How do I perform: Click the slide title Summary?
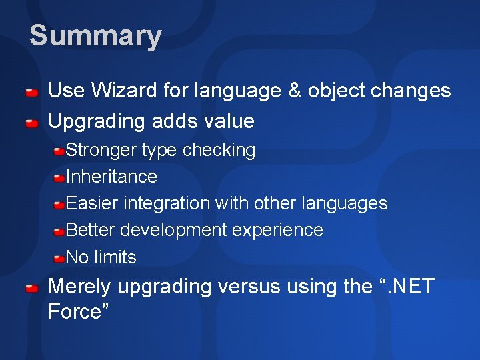(x=95, y=36)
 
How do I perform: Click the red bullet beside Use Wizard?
(x=31, y=92)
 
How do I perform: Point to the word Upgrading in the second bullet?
(x=97, y=121)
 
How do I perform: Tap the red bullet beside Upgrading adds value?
(x=31, y=123)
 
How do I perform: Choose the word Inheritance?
(x=111, y=177)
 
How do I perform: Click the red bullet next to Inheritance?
(x=59, y=178)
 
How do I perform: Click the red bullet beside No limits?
(x=59, y=258)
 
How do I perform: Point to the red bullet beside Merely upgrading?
(x=31, y=288)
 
